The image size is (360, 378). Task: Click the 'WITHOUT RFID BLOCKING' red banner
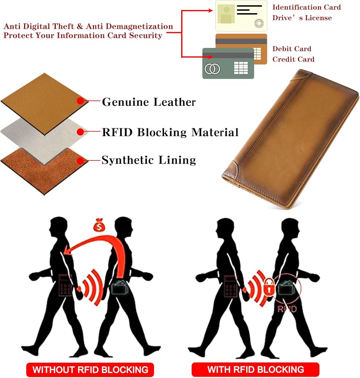(90, 369)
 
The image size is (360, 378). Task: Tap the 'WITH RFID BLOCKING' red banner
(255, 369)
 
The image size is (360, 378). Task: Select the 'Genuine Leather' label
(149, 102)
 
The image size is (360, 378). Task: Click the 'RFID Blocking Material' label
(170, 133)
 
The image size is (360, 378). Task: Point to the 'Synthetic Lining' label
(149, 160)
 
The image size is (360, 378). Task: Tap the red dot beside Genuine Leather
(80, 101)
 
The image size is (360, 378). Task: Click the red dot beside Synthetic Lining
(80, 161)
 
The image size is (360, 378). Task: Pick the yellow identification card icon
(241, 16)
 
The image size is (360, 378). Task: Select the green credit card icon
(228, 63)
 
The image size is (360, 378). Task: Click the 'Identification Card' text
(306, 7)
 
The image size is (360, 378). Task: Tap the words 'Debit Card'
(292, 49)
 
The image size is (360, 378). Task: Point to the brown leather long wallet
(289, 138)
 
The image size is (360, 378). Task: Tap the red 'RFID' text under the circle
(287, 309)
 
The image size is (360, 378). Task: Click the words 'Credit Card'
(294, 59)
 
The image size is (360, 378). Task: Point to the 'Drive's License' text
(302, 18)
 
